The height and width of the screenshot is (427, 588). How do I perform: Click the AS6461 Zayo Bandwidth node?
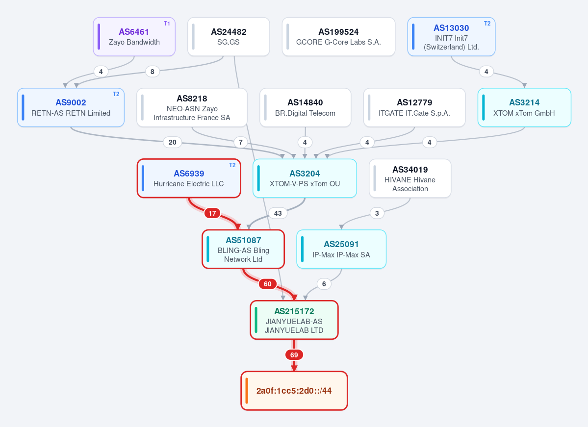134,37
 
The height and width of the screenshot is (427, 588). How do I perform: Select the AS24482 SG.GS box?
229,37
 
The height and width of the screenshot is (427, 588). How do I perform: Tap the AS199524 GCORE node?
338,37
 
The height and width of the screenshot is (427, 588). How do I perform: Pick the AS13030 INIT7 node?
451,37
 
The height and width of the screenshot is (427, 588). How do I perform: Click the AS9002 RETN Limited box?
71,107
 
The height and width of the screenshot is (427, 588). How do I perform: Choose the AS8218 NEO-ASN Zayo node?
192,107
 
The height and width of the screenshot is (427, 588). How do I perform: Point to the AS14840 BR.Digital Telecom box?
305,107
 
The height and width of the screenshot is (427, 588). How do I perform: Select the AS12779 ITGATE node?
414,107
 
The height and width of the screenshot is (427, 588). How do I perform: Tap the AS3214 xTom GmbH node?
524,107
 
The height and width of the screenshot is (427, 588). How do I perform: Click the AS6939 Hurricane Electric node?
189,178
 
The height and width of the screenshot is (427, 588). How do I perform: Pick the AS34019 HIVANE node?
410,178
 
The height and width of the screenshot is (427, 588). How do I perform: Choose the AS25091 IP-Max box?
341,250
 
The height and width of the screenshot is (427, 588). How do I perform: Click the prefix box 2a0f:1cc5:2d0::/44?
294,391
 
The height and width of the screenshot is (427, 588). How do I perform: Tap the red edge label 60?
267,284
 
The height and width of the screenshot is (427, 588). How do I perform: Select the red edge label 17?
212,213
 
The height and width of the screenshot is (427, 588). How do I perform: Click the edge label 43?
278,213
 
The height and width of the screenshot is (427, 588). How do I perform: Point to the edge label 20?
173,142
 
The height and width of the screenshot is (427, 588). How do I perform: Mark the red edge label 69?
294,354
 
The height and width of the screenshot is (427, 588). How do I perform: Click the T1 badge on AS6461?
167,24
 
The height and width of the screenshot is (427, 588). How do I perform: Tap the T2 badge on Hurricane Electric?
232,165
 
